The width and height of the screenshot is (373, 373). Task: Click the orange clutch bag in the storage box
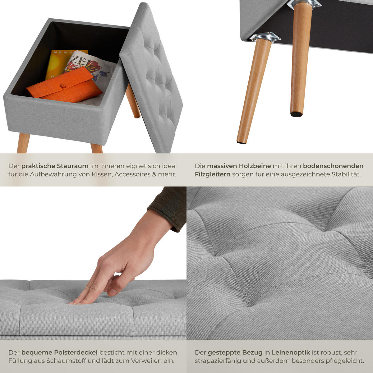point(64,85)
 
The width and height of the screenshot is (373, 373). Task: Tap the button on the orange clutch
point(62,85)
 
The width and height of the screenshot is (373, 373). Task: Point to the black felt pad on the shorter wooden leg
point(296,114)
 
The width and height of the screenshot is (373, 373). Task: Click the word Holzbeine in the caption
point(255,166)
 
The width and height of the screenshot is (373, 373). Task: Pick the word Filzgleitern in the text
point(213,174)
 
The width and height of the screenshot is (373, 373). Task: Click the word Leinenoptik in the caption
point(291,352)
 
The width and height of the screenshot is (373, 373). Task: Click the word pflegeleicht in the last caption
point(345,361)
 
